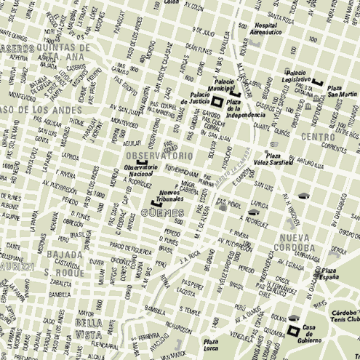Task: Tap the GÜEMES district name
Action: (160, 214)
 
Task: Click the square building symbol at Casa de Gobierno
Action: (293, 332)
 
